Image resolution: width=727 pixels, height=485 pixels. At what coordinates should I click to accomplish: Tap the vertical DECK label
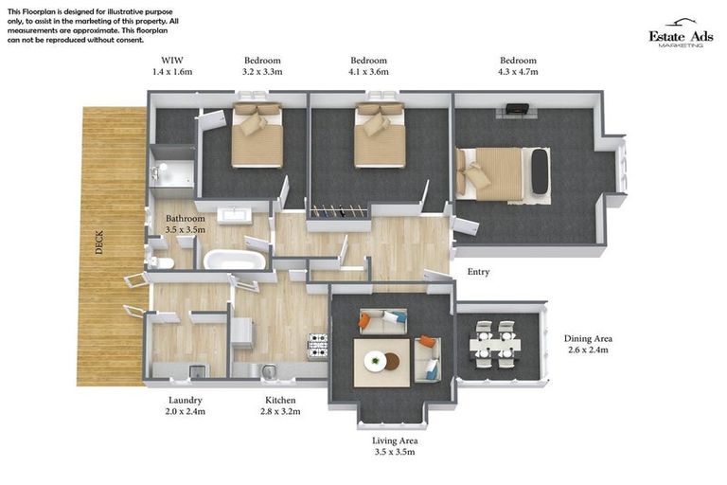pos(99,243)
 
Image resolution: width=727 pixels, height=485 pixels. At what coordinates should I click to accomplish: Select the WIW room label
pos(171,61)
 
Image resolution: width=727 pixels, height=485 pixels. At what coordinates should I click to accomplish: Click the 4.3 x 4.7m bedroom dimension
pos(518,72)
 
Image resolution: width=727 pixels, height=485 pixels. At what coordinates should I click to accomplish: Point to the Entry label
pos(478,272)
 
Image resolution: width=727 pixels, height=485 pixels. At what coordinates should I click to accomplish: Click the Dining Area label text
pos(588,338)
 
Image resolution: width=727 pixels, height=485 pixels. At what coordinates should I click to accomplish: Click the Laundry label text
pos(186,400)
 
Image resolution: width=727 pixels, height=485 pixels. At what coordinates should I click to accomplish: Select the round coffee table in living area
pos(375,360)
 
